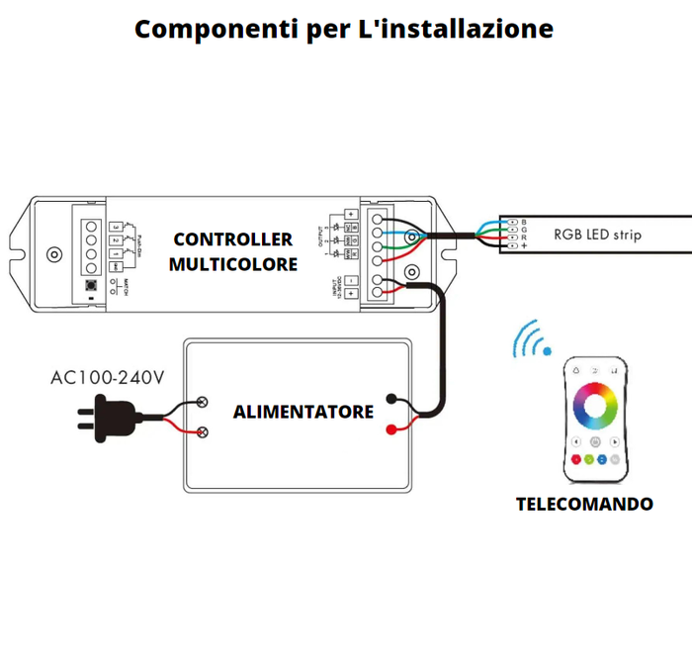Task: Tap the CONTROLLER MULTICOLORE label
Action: coord(233,251)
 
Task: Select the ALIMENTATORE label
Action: coord(303,411)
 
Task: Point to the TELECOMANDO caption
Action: coord(584,504)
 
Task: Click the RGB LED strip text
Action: coord(597,235)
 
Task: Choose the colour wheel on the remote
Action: coord(595,405)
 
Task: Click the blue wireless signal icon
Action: coord(530,339)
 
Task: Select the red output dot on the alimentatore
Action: coord(392,429)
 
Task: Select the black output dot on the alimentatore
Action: coord(392,401)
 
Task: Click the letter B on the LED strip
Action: coord(524,221)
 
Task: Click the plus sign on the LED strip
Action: coord(524,245)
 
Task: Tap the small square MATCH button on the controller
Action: coord(91,285)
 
